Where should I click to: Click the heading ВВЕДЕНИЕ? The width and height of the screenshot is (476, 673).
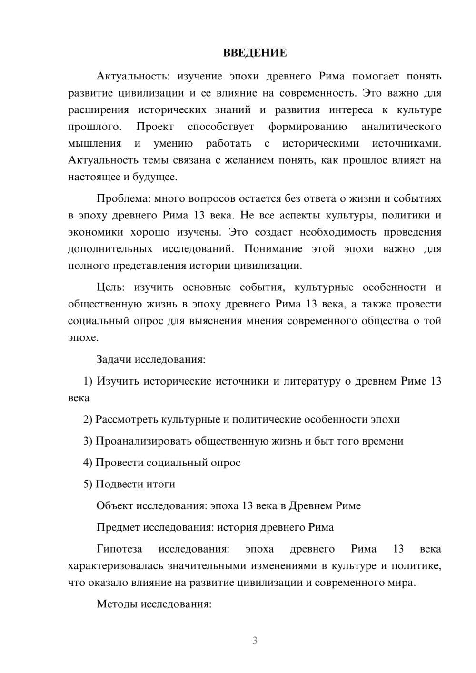(x=255, y=53)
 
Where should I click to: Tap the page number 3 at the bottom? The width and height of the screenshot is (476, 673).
(x=255, y=641)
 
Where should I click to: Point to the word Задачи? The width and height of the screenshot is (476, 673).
(x=114, y=359)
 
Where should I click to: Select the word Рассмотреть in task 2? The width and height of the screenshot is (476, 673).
(x=127, y=420)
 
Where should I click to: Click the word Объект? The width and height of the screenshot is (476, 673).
(x=115, y=506)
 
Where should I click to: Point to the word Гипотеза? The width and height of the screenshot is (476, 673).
(x=119, y=549)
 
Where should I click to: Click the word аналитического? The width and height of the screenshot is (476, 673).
(x=401, y=127)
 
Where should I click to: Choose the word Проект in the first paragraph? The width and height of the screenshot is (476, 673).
(x=155, y=127)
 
